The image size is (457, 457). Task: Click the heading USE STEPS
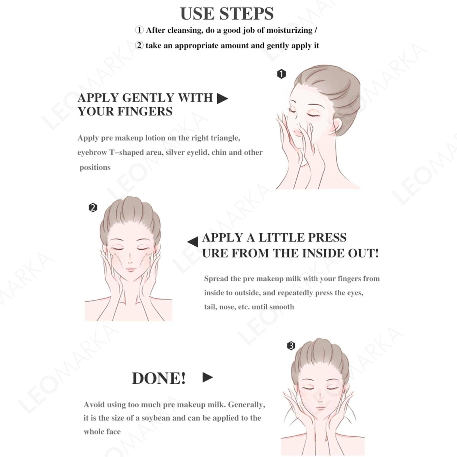tap(227, 14)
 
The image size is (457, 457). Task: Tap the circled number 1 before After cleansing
tap(139, 30)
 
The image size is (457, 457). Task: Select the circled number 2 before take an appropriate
tap(139, 45)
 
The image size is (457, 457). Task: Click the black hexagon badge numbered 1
tap(281, 74)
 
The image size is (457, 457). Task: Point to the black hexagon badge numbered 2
tap(93, 207)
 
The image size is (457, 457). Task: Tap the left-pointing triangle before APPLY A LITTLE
tap(192, 242)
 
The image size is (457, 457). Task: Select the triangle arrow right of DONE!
tap(208, 377)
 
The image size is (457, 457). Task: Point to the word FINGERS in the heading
tap(145, 111)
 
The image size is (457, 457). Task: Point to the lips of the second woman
tap(130, 270)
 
